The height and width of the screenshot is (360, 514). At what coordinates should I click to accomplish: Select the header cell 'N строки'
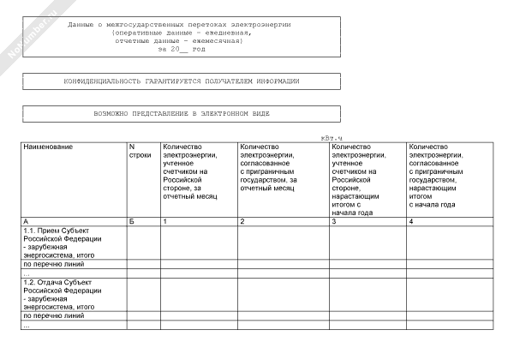(140, 151)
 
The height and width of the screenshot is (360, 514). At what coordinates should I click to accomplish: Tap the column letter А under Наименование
(26, 222)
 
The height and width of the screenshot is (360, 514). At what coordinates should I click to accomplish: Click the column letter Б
(132, 222)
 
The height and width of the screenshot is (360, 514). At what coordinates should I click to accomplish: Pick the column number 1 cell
(165, 222)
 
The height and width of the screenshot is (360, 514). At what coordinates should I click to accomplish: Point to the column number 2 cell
(243, 222)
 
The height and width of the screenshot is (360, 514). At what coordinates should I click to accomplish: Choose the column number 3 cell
(333, 222)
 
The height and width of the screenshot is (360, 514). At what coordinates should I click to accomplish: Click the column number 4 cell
(412, 222)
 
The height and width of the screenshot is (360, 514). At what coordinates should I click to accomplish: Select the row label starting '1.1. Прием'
(57, 243)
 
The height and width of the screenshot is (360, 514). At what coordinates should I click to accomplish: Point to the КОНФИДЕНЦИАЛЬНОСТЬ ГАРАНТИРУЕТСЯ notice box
(182, 81)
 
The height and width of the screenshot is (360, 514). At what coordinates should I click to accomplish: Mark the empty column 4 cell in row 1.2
(450, 294)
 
